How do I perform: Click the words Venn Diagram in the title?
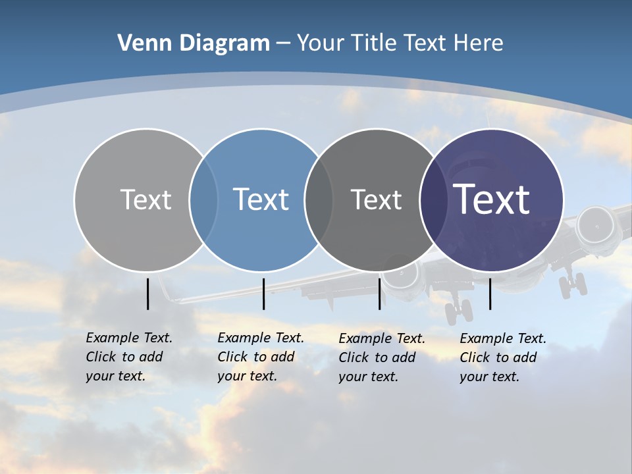coord(194,43)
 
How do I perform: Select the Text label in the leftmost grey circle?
coord(145,199)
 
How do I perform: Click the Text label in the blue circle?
coord(261,199)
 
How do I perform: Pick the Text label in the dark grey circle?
coord(376,199)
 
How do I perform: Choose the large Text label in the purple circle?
coord(492,199)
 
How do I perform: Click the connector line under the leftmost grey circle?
coord(148,294)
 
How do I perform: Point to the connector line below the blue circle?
coord(263,294)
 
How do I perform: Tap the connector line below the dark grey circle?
coord(379,294)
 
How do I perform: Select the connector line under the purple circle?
coord(490,294)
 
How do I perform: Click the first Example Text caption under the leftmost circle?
coord(129,357)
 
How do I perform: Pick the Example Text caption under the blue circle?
coord(261,357)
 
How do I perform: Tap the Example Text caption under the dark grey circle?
coord(382,357)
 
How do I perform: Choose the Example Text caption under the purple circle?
coord(503,357)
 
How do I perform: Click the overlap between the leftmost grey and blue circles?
coord(203,199)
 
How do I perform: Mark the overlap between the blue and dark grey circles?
coord(319,199)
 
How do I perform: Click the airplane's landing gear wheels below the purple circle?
coord(458,310)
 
